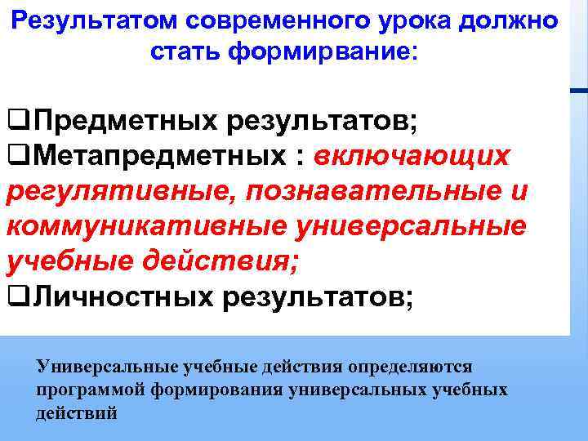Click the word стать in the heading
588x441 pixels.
[185, 51]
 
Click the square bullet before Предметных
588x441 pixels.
[15, 122]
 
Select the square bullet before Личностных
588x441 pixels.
[15, 298]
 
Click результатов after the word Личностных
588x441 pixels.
[318, 298]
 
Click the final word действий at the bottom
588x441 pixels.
[78, 413]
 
